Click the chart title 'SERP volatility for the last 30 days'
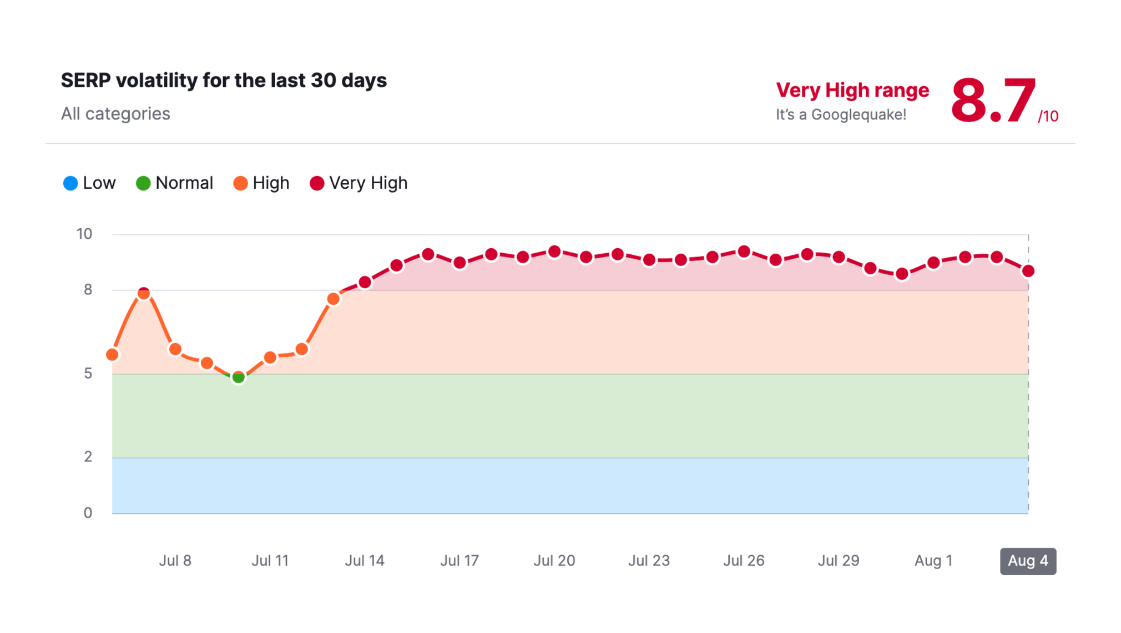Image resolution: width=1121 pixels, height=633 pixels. pos(224,81)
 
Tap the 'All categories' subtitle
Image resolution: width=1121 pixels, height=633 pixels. pos(115,114)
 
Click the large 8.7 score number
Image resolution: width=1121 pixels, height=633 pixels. pos(993,101)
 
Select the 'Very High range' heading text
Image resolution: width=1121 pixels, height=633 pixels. pos(852,90)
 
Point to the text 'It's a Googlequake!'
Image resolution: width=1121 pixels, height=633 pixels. pos(841,115)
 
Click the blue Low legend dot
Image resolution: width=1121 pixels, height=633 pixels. pos(70,183)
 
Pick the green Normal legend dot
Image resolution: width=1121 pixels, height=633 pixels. pos(143,183)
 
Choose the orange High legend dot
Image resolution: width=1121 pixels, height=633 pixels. pos(240,183)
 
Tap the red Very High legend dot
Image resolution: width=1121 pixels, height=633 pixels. pos(317,183)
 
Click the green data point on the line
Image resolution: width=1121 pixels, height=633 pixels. pos(238,378)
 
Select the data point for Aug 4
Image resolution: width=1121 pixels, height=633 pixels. pos(1028,271)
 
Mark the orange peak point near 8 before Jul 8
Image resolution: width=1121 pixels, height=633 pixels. pos(144,293)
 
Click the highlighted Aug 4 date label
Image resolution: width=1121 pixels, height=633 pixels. pos(1028,561)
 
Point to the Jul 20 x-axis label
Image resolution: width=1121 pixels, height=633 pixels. pos(554,561)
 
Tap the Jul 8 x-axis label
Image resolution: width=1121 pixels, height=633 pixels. pos(175,561)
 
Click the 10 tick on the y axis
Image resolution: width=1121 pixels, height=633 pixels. pos(84,234)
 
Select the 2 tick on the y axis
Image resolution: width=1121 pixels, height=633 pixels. pos(88,457)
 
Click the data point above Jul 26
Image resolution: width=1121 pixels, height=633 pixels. pos(744,252)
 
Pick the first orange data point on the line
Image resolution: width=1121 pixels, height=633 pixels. pos(112,354)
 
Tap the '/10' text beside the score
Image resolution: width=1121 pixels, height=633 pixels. pos(1048,117)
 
